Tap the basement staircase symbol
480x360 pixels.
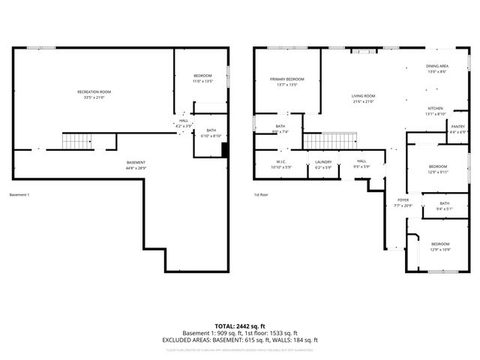click(76, 140)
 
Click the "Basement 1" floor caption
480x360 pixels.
click(19, 195)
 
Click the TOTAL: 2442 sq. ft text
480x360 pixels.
click(240, 326)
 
